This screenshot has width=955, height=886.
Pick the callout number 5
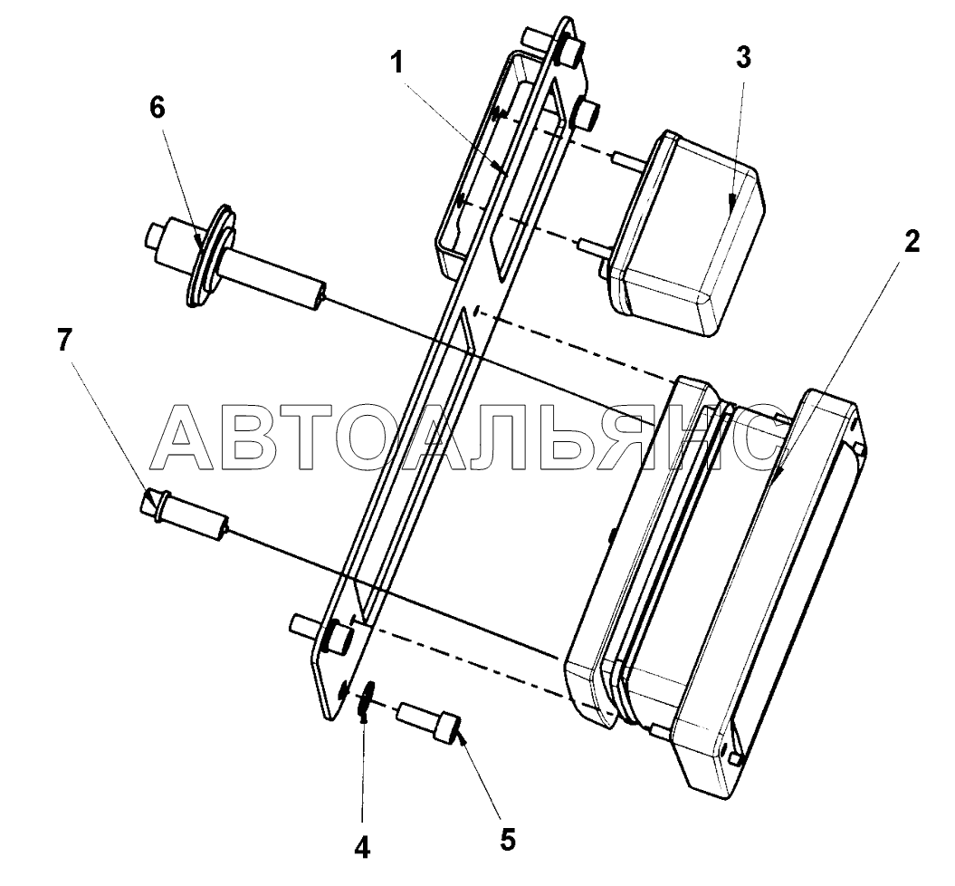pos(507,839)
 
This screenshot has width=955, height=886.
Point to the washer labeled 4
pos(364,702)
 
